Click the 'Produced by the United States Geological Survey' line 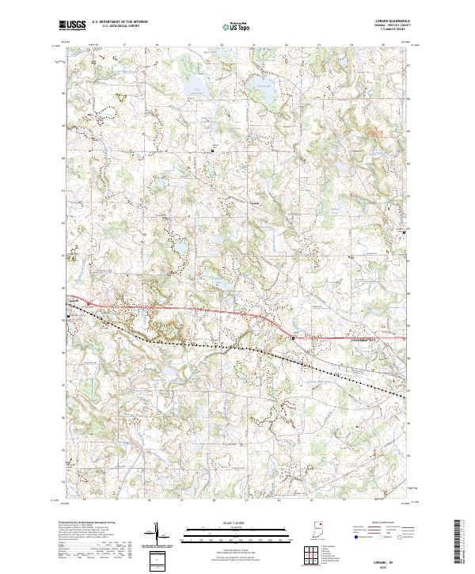[84, 525]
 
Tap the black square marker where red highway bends [294, 337]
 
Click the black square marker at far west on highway [71, 315]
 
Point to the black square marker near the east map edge [405, 232]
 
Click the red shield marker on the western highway [89, 303]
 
